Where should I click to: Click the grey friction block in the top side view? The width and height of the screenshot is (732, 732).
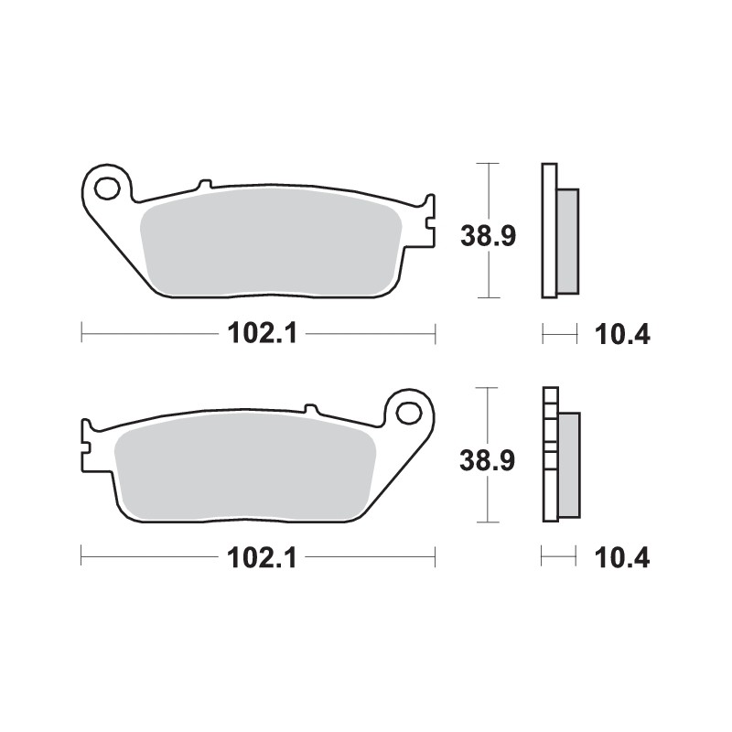click(x=567, y=241)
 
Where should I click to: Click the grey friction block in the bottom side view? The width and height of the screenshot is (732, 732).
click(x=567, y=465)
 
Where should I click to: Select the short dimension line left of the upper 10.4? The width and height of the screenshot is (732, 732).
click(x=560, y=334)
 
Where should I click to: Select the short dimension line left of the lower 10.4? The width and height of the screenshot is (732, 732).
click(x=559, y=557)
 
